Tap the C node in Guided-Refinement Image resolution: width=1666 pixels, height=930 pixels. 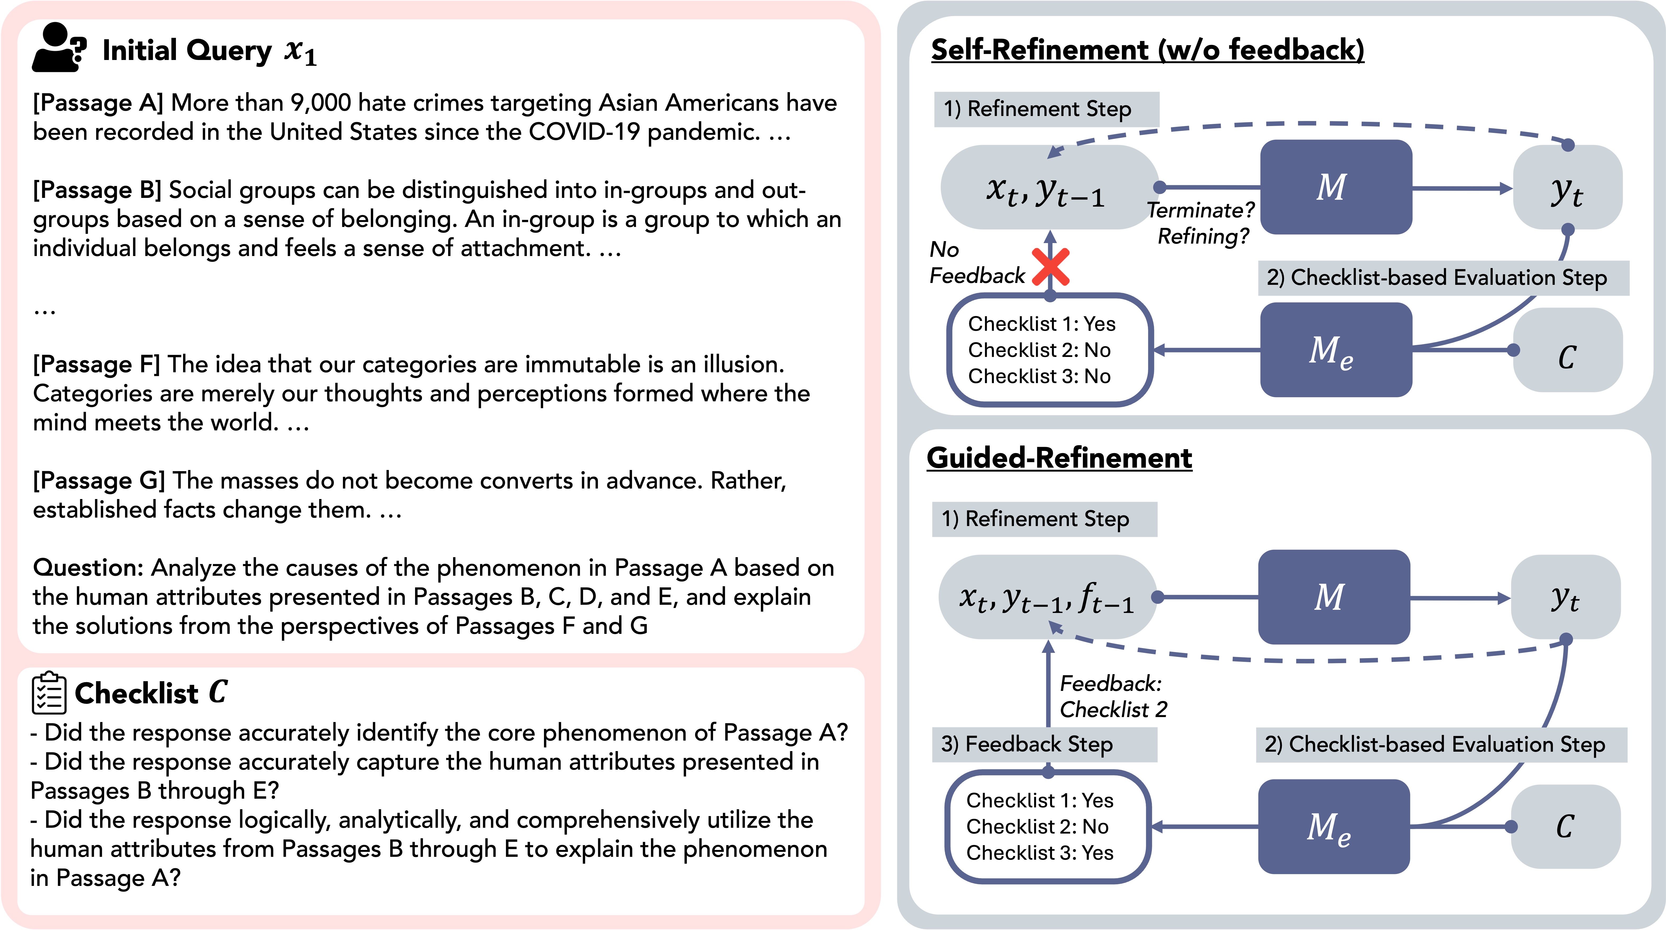pos(1565,826)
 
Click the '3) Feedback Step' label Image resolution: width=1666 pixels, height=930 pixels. pos(1027,744)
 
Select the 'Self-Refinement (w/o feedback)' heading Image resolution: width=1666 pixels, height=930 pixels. pos(1147,50)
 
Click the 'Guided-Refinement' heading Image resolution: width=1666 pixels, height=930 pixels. pos(1059,458)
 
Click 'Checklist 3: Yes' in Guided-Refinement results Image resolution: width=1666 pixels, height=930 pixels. pos(1039,853)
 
